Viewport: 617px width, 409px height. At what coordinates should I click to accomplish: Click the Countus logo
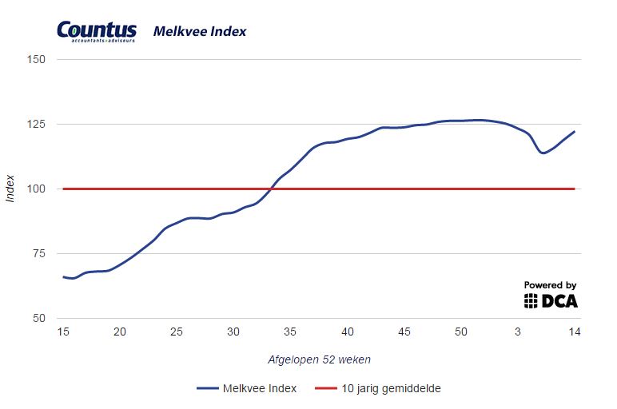point(97,31)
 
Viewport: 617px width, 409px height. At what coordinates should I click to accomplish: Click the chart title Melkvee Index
point(200,32)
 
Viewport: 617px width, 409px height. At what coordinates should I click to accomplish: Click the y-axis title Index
point(10,189)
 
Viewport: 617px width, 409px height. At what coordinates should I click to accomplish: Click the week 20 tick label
point(119,332)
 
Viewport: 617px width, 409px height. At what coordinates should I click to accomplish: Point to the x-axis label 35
point(290,332)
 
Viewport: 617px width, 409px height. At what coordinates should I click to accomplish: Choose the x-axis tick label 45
point(404,332)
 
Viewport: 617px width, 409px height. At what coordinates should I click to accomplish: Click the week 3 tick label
point(518,332)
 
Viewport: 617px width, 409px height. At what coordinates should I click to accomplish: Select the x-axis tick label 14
point(575,332)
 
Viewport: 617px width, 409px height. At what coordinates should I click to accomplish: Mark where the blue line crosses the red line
point(271,189)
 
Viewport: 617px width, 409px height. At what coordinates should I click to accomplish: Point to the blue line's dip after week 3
point(543,152)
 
